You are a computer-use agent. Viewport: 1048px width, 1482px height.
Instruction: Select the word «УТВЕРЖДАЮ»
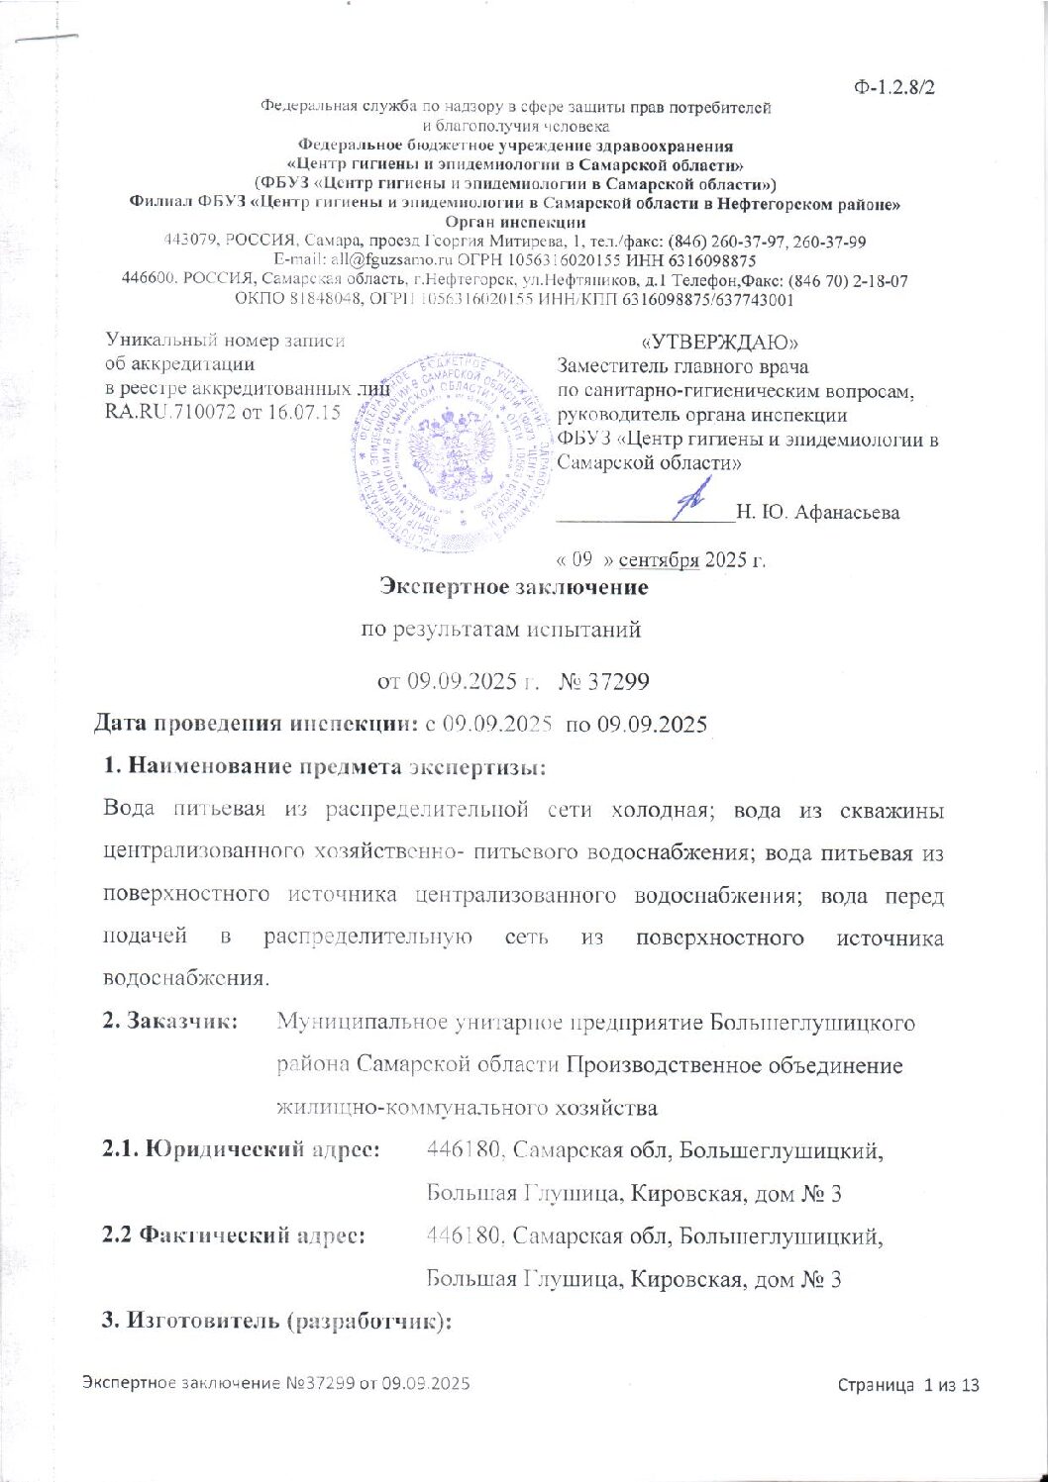coord(721,342)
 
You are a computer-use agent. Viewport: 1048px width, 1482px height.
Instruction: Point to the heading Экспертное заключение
coord(515,588)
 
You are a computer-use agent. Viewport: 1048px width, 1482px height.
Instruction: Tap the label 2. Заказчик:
coord(170,1021)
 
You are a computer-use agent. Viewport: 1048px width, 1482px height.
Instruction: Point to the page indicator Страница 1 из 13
coord(908,1384)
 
